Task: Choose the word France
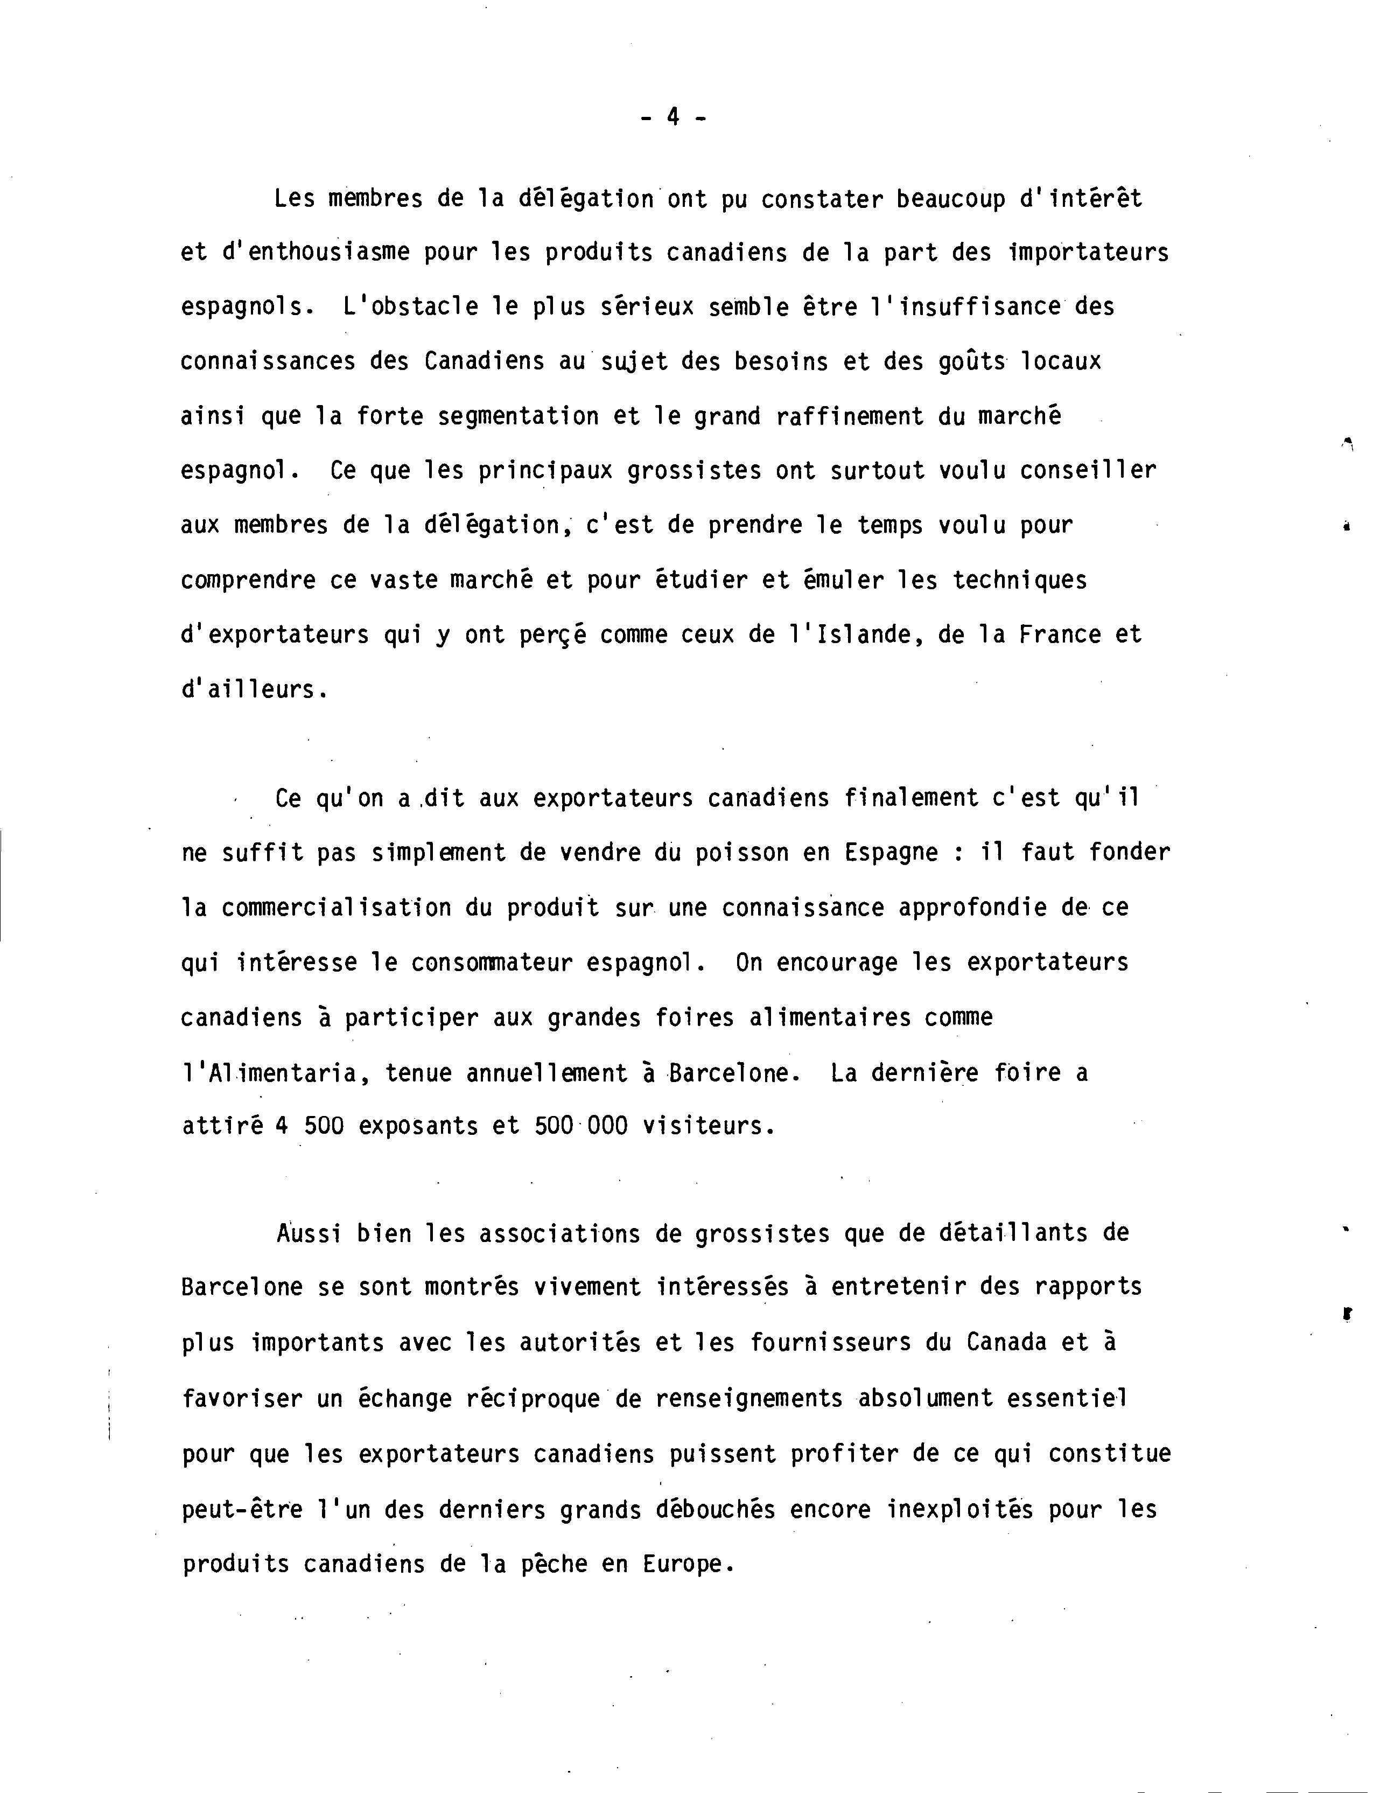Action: [1060, 635]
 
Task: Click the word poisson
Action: [741, 853]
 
